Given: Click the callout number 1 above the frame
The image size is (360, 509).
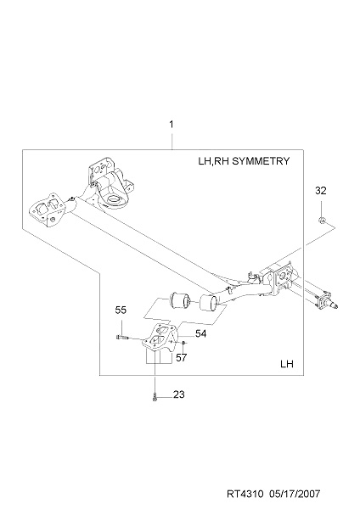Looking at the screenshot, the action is pos(172,125).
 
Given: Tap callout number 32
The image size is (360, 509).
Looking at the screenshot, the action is pos(320,191).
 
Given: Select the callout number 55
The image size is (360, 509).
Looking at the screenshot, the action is pos(121,310).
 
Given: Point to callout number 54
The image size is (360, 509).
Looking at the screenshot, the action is pos(200,333).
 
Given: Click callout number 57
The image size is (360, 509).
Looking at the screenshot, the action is pos(182,357).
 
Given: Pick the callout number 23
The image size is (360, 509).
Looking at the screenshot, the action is pos(178,394).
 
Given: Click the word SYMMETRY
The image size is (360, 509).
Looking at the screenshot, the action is pos(261,161).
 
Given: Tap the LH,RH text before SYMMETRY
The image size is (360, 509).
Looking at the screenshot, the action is pos(214,161).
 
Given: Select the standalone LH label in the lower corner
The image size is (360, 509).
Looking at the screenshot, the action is pos(287,364).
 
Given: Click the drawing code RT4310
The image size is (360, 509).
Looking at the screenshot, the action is pos(245,494).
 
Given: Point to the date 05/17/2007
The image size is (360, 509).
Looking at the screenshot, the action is pos(295,494).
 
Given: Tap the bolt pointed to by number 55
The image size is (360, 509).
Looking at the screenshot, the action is pos(122,338).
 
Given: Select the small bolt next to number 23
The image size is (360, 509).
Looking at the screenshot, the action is pos(155,397).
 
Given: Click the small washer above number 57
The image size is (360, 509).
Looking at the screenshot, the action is pos(183,342).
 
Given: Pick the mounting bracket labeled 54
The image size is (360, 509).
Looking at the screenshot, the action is pos(160,337).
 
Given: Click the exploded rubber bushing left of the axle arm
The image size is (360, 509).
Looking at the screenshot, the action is pos(178,300).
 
